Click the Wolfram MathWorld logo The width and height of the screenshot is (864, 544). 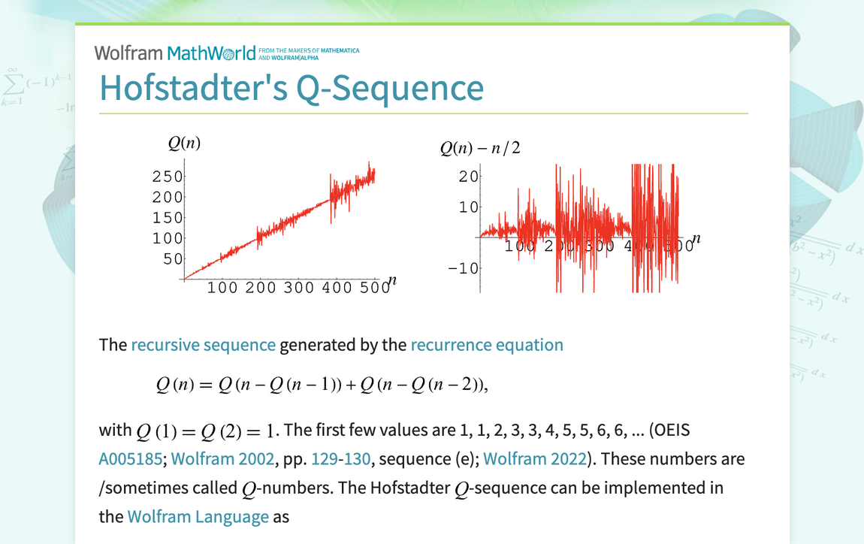(174, 53)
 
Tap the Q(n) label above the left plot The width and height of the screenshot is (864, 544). (184, 144)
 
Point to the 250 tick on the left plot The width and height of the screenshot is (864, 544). (167, 177)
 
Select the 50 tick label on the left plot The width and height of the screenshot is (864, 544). (173, 258)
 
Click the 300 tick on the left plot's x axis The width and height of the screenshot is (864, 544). (298, 287)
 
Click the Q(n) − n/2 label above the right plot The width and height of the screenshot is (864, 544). (480, 148)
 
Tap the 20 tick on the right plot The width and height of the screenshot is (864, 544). (469, 176)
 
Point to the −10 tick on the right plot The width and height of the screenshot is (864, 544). (464, 267)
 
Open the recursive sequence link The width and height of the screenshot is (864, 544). (203, 345)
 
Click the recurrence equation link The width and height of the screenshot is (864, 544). (486, 345)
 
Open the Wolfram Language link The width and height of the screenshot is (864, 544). (198, 517)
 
